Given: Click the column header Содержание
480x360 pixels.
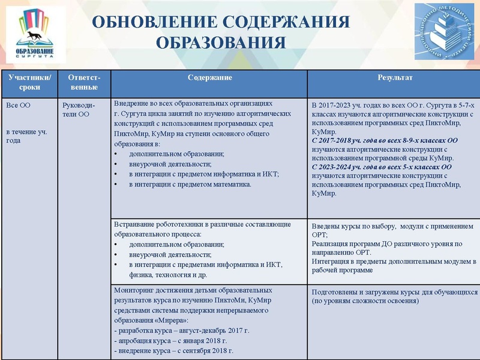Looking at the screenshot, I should pyautogui.click(x=209, y=78).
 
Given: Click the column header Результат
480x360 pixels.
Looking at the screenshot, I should pyautogui.click(x=394, y=78).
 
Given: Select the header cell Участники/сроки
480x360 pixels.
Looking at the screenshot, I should pyautogui.click(x=29, y=83).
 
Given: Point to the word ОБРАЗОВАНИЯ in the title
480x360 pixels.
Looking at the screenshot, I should pyautogui.click(x=220, y=43).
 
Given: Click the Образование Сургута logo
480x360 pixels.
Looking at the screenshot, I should pyautogui.click(x=34, y=35).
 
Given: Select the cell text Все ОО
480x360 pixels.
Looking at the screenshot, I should pyautogui.click(x=18, y=105).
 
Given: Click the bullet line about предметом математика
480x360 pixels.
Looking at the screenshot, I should pyautogui.click(x=190, y=184).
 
